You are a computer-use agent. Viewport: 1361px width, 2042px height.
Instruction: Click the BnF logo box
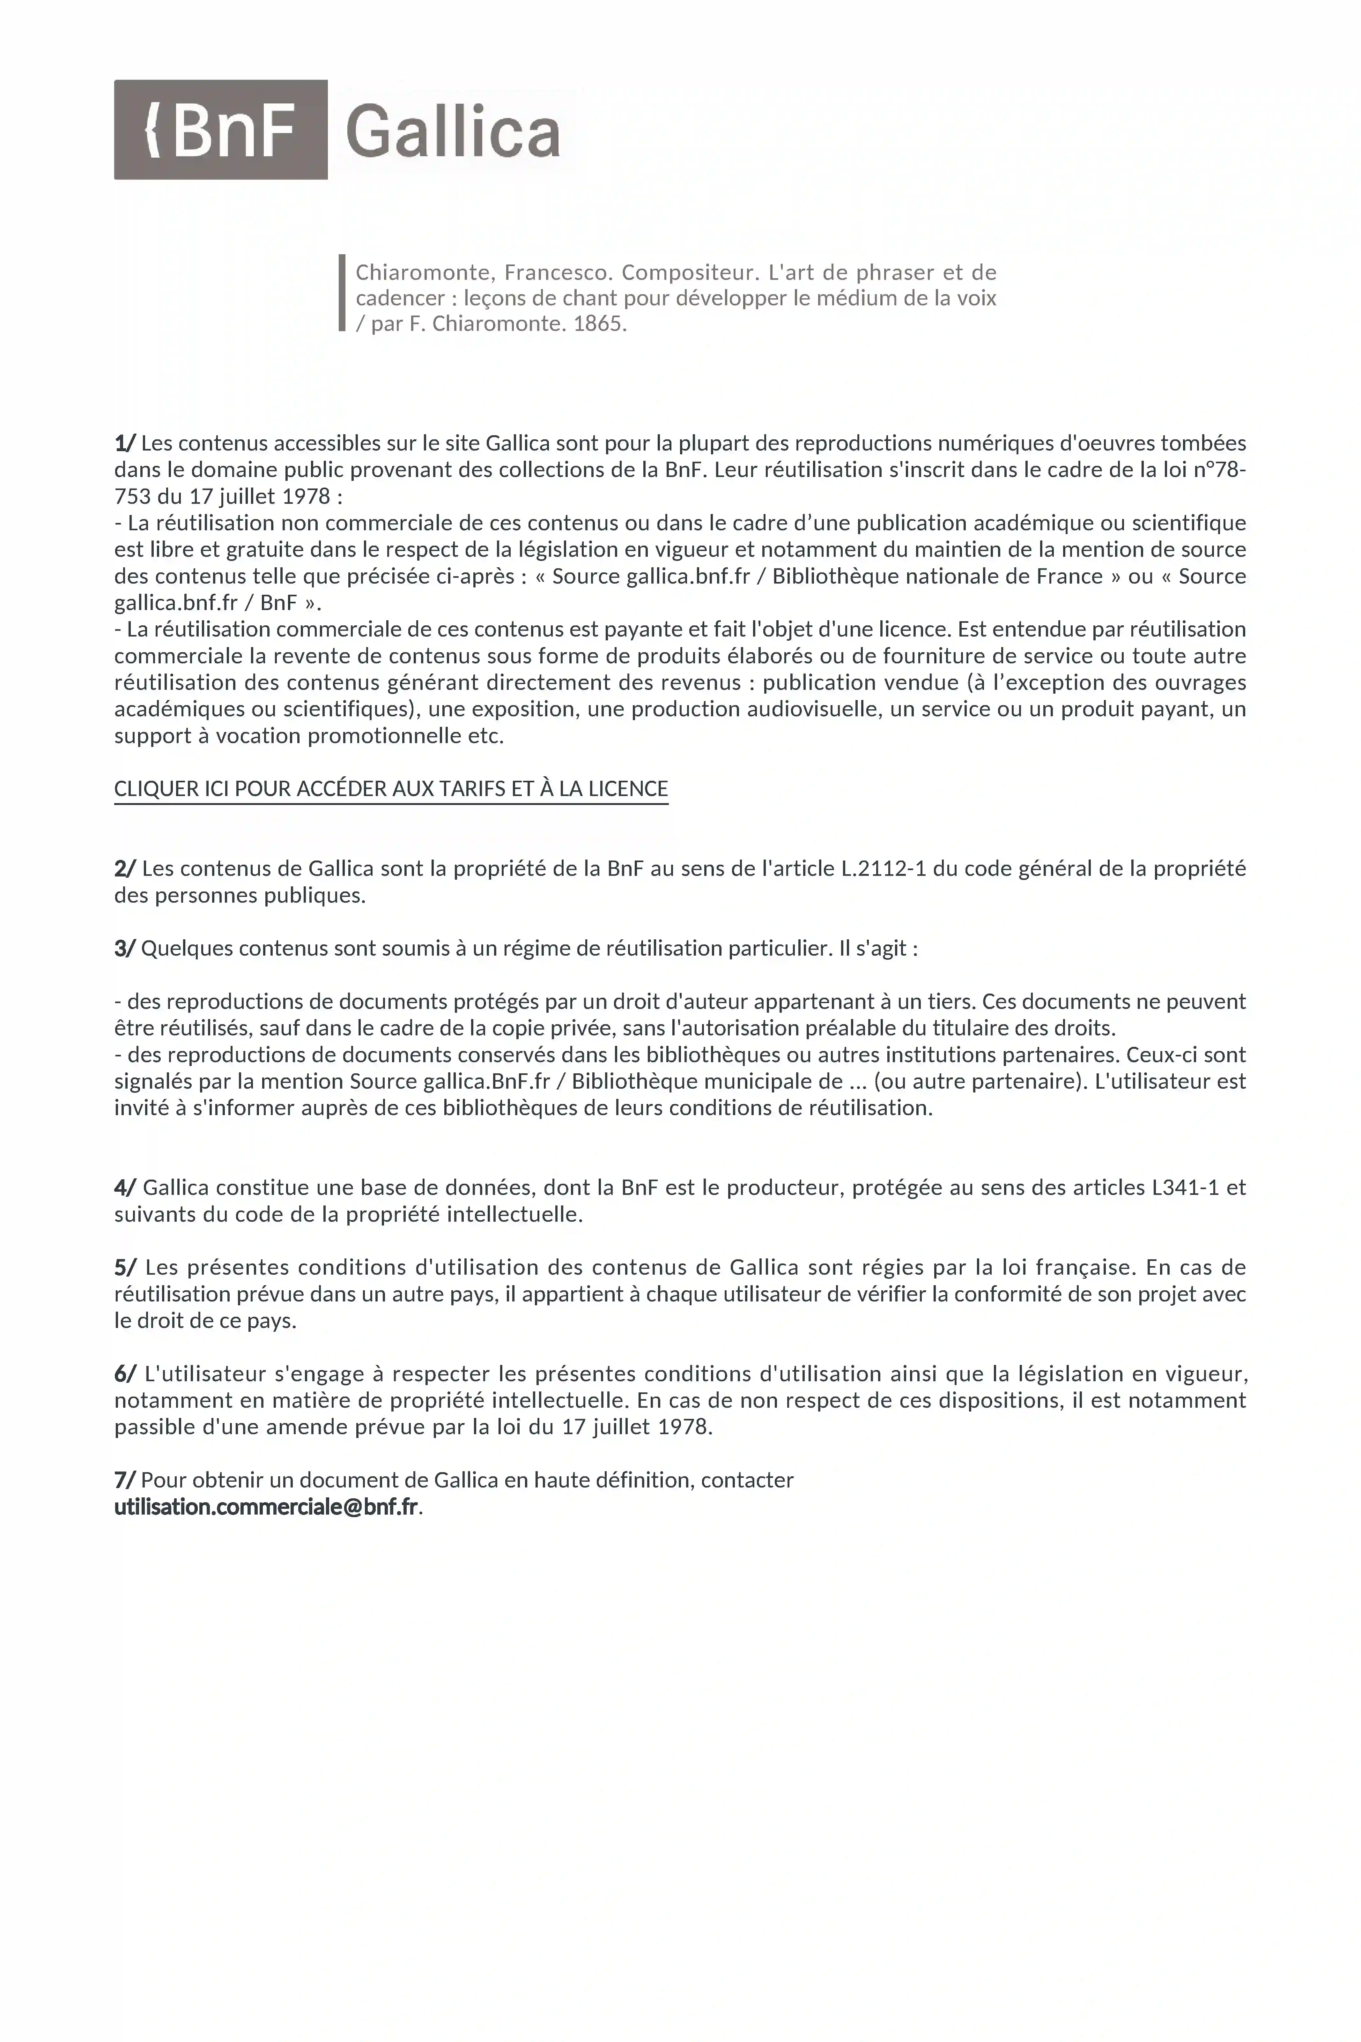[220, 129]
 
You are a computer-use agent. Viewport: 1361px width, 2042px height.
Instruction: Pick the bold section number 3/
[125, 948]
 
